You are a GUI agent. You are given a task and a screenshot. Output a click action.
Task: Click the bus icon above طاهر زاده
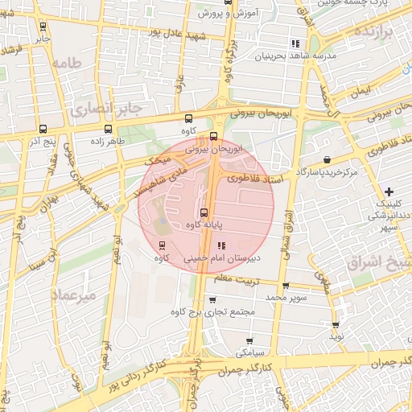coord(109,129)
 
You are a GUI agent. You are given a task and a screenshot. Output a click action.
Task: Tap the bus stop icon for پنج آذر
coord(42,129)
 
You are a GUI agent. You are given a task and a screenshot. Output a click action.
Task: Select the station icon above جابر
coord(42,26)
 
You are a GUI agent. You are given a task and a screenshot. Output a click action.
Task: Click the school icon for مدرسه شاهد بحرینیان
coord(296,43)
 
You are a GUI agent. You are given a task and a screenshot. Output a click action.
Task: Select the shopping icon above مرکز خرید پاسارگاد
coord(326,159)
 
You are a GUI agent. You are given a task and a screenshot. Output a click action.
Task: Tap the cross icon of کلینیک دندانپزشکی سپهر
coord(389,192)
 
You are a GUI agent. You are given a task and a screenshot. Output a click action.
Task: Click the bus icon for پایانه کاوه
coord(203,213)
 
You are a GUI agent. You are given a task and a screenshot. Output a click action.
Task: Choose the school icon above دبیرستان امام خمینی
coord(222,245)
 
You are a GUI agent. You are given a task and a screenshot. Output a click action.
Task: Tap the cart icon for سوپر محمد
coord(285,286)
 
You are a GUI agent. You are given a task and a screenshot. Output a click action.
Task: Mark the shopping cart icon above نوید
coord(336,325)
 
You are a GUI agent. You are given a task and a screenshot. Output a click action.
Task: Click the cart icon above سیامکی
coord(249,340)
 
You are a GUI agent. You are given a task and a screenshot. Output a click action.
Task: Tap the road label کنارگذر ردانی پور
coord(134,372)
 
